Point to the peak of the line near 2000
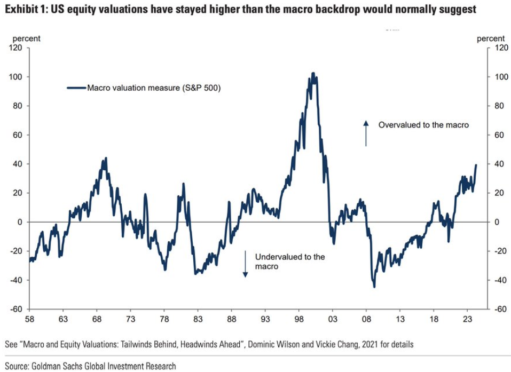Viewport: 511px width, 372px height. [313, 73]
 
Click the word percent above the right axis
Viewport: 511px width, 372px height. [490, 38]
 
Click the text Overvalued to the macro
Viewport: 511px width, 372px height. [423, 125]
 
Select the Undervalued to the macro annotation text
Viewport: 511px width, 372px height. [289, 261]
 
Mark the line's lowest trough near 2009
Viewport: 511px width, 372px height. [374, 287]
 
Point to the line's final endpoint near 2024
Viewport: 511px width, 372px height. [476, 165]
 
